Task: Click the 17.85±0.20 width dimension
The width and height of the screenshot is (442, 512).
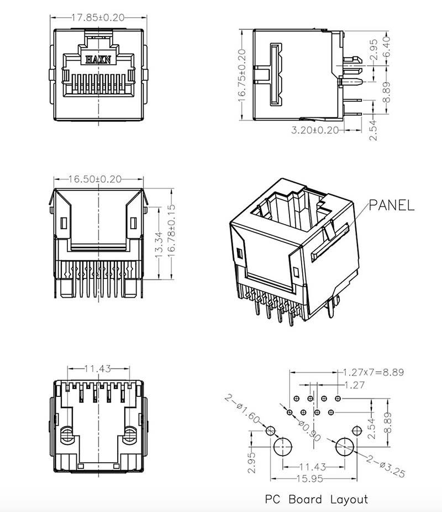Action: pyautogui.click(x=98, y=17)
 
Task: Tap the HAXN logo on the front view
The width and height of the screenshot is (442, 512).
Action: pyautogui.click(x=98, y=59)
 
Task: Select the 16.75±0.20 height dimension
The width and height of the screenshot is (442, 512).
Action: pyautogui.click(x=242, y=75)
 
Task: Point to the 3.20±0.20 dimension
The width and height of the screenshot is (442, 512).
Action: pyautogui.click(x=315, y=130)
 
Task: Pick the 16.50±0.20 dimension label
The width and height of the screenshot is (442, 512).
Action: pyautogui.click(x=95, y=179)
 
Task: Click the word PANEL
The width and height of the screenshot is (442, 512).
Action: pyautogui.click(x=392, y=205)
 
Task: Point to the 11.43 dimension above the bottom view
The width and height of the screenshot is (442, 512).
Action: pyautogui.click(x=98, y=369)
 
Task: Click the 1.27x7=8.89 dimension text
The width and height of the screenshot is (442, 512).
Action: pyautogui.click(x=373, y=373)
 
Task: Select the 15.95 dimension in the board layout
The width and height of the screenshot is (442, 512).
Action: pyautogui.click(x=310, y=479)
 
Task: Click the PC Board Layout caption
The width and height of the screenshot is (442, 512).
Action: pyautogui.click(x=316, y=499)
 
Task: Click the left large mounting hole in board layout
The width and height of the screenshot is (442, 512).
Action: pyautogui.click(x=283, y=447)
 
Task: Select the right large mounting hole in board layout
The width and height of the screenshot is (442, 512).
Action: pyautogui.click(x=345, y=447)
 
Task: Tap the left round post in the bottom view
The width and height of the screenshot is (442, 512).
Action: pyautogui.click(x=67, y=435)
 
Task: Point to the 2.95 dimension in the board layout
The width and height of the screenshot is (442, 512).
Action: pyautogui.click(x=251, y=463)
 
